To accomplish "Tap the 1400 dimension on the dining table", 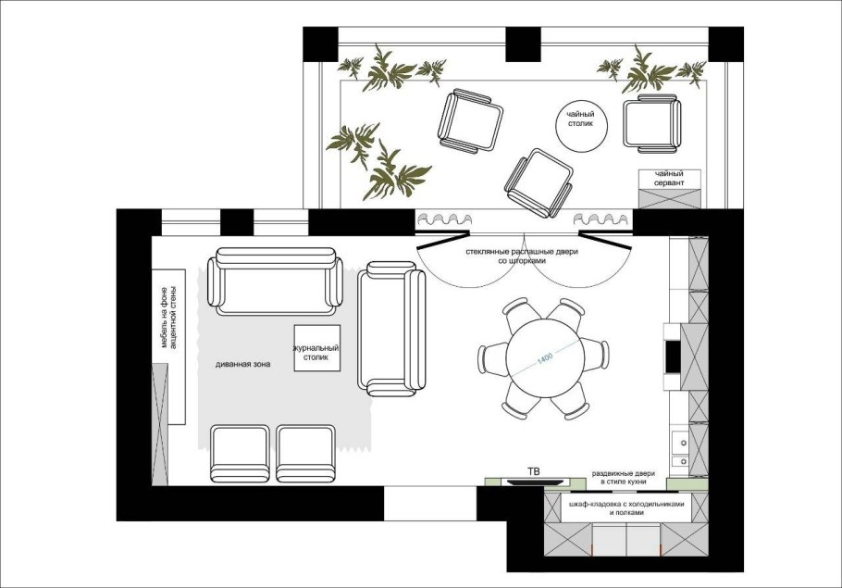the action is click(544, 359).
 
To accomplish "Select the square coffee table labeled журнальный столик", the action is click(316, 348).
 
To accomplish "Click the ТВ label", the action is click(533, 472).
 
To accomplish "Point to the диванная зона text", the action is click(242, 365).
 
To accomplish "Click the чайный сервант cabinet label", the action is click(669, 179).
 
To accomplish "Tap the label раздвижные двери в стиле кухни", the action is click(624, 478).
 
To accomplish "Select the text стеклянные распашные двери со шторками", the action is click(522, 256).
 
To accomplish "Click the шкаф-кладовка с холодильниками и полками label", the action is click(626, 508).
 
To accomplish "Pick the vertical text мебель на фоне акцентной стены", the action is click(168, 317).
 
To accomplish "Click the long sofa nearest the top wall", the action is click(276, 281).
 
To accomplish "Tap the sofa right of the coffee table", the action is click(391, 329).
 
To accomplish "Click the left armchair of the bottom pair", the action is click(240, 454).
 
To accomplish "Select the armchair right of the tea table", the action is click(652, 123).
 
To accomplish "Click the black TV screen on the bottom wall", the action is click(533, 482).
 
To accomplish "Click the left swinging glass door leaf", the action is click(442, 240).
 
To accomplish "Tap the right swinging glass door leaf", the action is click(604, 240).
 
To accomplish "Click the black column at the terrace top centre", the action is click(524, 44).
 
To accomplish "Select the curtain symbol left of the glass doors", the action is click(445, 219).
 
